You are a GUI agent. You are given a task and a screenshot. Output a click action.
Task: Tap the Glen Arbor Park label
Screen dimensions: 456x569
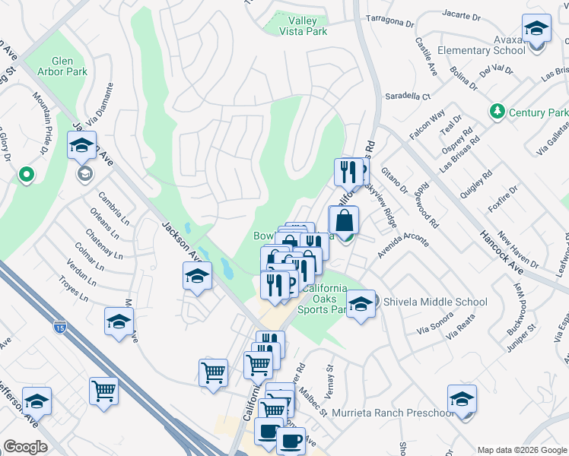(x=69, y=66)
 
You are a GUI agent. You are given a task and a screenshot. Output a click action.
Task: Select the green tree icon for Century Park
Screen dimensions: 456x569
(x=497, y=112)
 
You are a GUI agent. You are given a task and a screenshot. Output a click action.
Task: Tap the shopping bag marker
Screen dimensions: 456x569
(x=344, y=221)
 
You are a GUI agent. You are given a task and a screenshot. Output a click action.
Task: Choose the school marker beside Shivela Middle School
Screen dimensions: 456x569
(x=361, y=304)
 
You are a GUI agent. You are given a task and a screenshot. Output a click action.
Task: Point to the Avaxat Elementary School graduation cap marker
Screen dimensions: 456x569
(x=537, y=30)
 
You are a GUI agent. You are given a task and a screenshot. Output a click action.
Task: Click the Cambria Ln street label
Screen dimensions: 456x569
(x=111, y=205)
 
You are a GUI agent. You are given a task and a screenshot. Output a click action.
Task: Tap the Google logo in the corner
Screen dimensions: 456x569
(x=25, y=447)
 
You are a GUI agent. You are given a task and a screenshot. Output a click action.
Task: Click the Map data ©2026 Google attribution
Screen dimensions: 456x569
(x=522, y=449)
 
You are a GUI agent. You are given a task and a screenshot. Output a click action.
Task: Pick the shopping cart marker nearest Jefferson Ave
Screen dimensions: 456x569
(x=103, y=391)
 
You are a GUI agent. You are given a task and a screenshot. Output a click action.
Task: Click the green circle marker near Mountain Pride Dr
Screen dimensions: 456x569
(x=27, y=176)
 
